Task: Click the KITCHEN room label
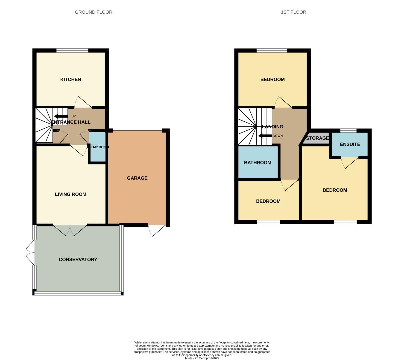click(70, 79)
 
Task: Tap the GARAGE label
click(137, 178)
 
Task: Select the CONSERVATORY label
click(78, 259)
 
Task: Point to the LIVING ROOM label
click(70, 194)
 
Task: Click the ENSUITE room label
click(350, 144)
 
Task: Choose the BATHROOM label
click(257, 163)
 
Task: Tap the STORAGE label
click(317, 138)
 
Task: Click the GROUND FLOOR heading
click(93, 12)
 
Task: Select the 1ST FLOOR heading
click(293, 12)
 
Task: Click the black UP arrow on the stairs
click(61, 116)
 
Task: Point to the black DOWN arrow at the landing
click(265, 136)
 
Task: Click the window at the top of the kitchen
click(72, 51)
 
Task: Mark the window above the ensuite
click(348, 130)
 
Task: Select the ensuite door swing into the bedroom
click(349, 162)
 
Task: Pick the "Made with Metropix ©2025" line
click(202, 358)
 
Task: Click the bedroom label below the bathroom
click(268, 201)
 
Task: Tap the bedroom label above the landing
click(272, 79)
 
